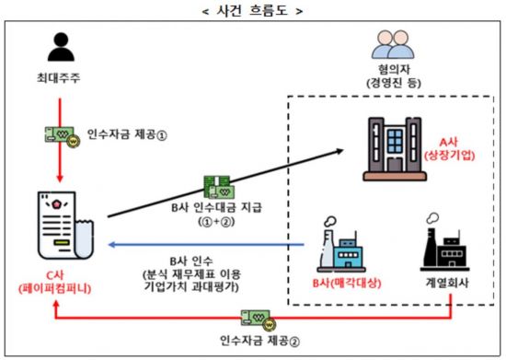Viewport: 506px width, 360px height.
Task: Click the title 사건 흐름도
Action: point(252,11)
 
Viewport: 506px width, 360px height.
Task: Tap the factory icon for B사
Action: point(344,243)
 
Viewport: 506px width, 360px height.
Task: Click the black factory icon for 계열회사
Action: point(449,243)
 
